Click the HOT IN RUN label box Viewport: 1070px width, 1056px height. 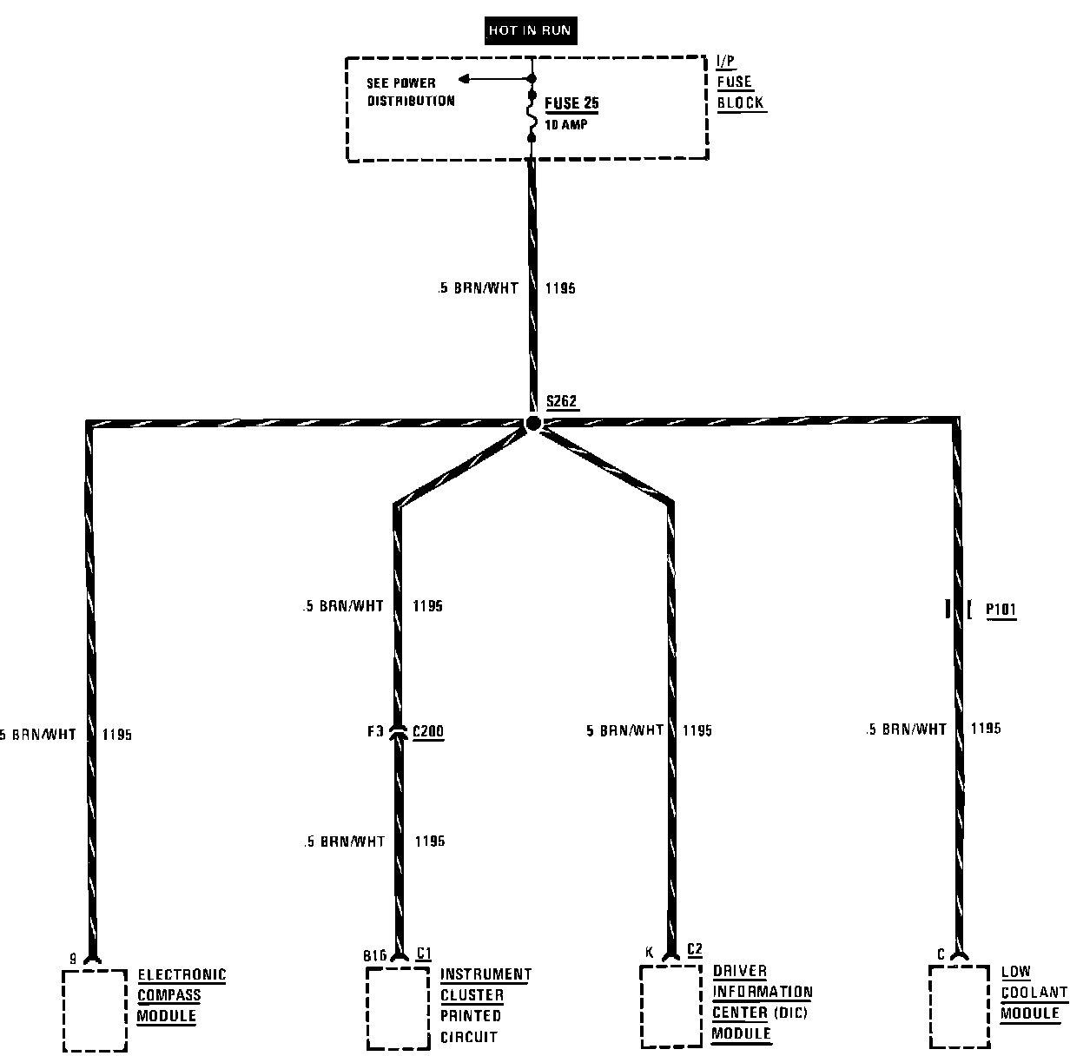click(x=530, y=30)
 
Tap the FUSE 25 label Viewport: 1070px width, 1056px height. click(x=571, y=104)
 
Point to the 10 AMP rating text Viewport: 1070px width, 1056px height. click(x=566, y=124)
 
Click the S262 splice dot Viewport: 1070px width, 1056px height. click(x=533, y=423)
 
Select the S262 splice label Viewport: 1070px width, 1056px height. click(x=562, y=402)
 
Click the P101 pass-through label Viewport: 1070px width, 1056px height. click(x=1001, y=610)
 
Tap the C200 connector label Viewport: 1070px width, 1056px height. click(x=427, y=731)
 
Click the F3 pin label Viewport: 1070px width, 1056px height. click(x=374, y=731)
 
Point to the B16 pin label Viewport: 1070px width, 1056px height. click(x=374, y=955)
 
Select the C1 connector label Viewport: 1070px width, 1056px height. click(x=424, y=953)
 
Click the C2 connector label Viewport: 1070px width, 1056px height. click(x=694, y=949)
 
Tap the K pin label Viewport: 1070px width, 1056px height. click(x=649, y=953)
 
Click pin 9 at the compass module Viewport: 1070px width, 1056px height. click(x=73, y=959)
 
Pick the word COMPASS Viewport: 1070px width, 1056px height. click(x=169, y=995)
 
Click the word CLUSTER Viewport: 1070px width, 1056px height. click(x=472, y=995)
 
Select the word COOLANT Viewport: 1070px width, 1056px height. click(x=1034, y=993)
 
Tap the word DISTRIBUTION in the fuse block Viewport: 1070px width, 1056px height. click(x=411, y=101)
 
